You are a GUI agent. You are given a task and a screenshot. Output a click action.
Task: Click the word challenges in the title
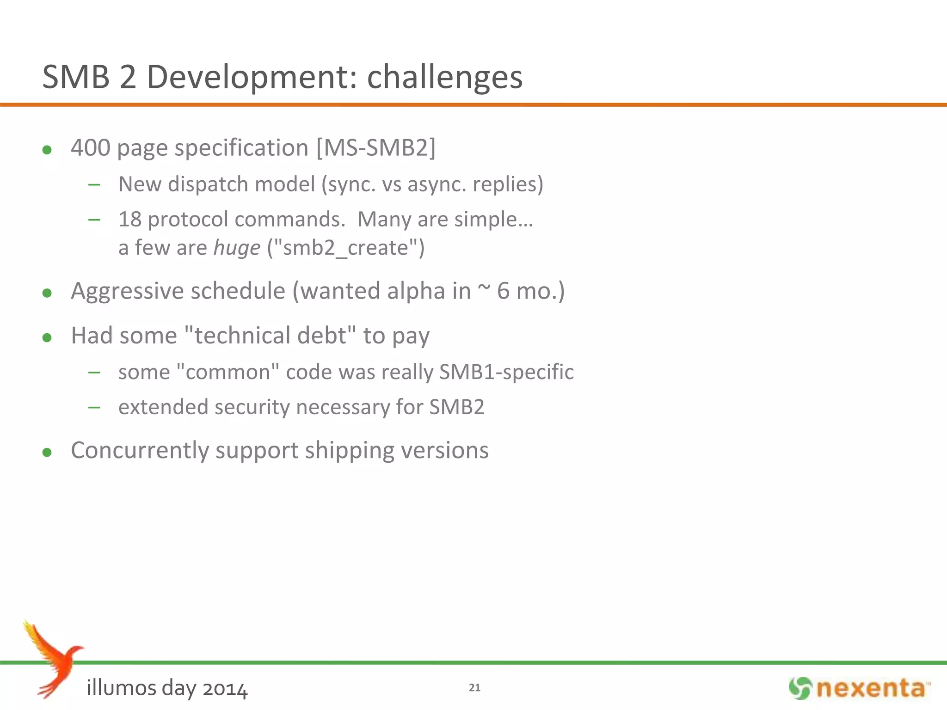[x=444, y=77]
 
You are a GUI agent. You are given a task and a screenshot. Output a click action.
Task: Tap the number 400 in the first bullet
[x=91, y=148]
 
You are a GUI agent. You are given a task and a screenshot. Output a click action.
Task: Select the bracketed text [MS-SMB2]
[x=376, y=148]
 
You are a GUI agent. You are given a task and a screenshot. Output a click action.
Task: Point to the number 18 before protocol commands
[x=130, y=219]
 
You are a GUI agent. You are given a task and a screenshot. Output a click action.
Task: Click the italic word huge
[x=237, y=248]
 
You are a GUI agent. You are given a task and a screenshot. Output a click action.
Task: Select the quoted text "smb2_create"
[x=346, y=248]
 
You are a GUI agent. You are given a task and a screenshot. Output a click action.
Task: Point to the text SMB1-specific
[x=506, y=372]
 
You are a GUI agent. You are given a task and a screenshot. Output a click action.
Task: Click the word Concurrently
[x=140, y=451]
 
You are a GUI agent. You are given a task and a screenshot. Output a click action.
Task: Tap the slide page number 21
[x=474, y=687]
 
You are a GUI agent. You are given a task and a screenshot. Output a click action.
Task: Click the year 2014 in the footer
[x=225, y=689]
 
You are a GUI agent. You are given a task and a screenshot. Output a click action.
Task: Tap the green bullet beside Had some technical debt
[x=47, y=337]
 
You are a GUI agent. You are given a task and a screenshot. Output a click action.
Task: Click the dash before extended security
[x=94, y=407]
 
